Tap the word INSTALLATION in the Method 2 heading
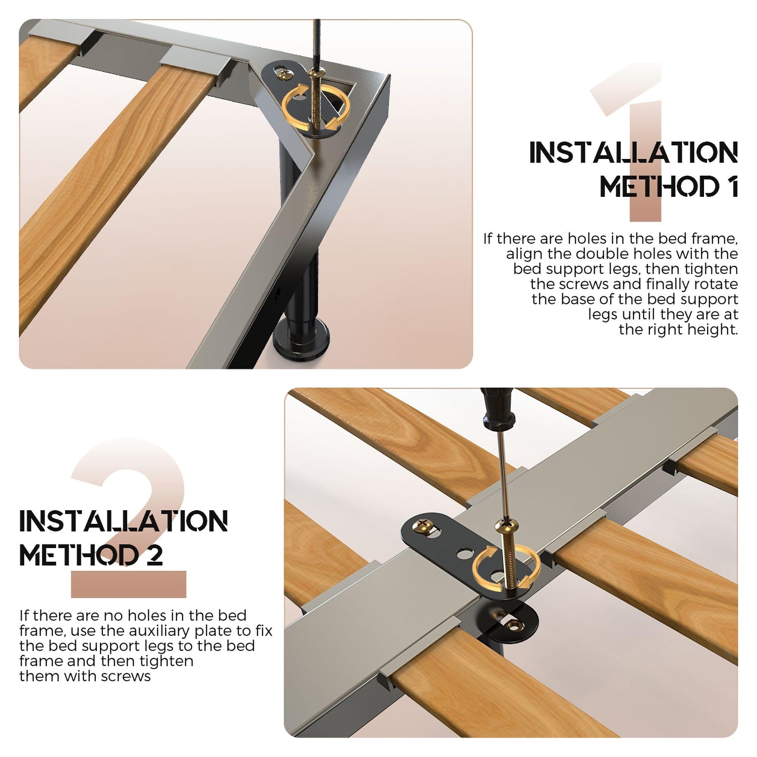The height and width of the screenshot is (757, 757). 124,521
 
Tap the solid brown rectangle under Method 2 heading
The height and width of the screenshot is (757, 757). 129,584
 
